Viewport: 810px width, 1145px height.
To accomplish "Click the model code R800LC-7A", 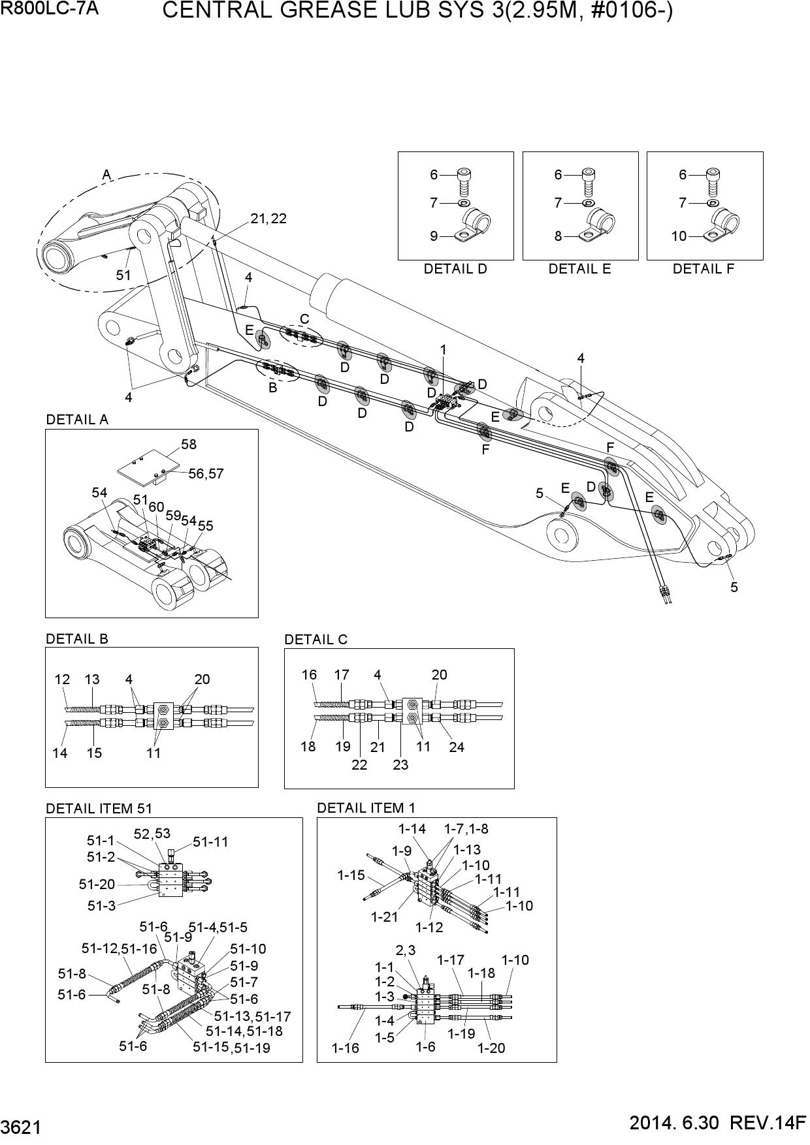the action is coord(49,9).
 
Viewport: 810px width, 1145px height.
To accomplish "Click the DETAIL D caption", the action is coord(455,269).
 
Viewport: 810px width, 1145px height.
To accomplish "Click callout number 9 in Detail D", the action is coord(434,236).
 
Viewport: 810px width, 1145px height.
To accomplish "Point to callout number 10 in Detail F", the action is coord(679,236).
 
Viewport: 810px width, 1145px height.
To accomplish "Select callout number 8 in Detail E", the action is coord(558,236).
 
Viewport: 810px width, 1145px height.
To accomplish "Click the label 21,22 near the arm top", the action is coord(268,219).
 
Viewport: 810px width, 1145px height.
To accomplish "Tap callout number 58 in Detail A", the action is coord(189,445).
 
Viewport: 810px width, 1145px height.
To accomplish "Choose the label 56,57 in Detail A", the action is coord(206,474).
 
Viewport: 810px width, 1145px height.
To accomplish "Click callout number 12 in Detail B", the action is coord(62,680).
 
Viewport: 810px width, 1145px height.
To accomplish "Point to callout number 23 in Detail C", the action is coord(400,764).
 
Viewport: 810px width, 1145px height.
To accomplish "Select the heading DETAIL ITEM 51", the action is coord(99,808).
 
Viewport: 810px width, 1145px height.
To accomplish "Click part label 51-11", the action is coord(210,842).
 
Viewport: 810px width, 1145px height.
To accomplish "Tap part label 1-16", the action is coord(345,1049).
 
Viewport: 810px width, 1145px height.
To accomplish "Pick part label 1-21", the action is coord(384,917).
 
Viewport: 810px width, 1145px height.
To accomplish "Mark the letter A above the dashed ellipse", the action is coord(106,174).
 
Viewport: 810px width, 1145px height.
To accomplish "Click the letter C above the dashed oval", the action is coord(304,320).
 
